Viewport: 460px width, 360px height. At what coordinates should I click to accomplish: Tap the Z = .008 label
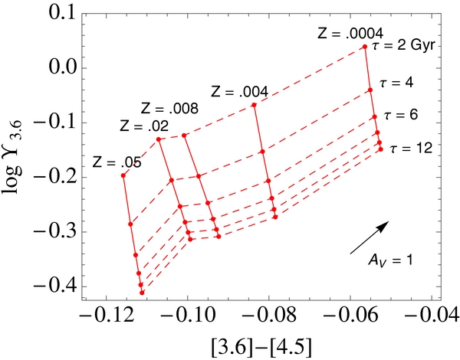[169, 109]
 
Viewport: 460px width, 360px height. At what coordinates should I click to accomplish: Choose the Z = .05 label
[117, 162]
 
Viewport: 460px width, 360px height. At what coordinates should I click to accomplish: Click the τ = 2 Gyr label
[403, 46]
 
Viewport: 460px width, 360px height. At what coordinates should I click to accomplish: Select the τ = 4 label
[396, 81]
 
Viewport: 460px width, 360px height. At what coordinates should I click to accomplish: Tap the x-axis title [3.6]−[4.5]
[264, 344]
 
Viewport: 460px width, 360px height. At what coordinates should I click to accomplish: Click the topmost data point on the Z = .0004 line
[364, 47]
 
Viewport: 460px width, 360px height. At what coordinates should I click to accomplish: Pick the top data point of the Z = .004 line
[254, 105]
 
